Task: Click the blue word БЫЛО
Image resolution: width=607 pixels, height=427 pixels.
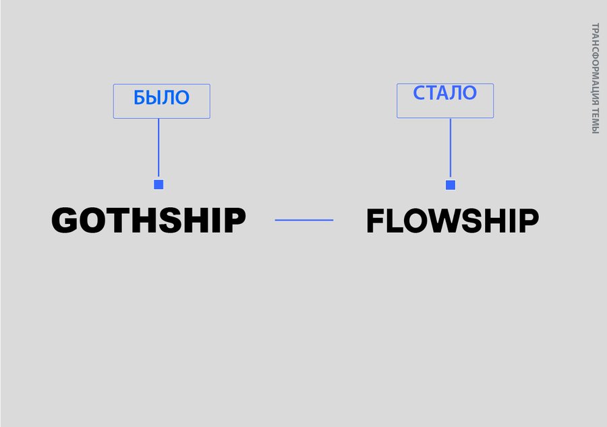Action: tap(161, 97)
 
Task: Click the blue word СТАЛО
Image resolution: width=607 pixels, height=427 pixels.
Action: tap(445, 93)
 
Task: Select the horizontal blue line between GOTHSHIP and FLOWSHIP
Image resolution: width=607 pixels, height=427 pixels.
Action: tap(304, 220)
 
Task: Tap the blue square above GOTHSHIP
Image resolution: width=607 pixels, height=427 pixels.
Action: tap(158, 184)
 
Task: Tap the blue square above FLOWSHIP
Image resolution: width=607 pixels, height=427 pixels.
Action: tap(451, 185)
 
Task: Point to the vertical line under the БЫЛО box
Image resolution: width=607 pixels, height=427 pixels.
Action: tap(158, 148)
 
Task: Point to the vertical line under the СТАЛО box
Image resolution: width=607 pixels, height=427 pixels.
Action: tap(451, 148)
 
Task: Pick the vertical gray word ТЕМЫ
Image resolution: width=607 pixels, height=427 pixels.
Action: tap(595, 120)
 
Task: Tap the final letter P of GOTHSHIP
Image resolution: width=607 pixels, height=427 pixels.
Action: tap(234, 220)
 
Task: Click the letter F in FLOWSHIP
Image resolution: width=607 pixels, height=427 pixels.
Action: tap(376, 221)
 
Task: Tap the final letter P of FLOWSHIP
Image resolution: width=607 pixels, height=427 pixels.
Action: tap(528, 221)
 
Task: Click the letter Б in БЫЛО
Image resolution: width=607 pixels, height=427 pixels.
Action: tap(140, 98)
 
